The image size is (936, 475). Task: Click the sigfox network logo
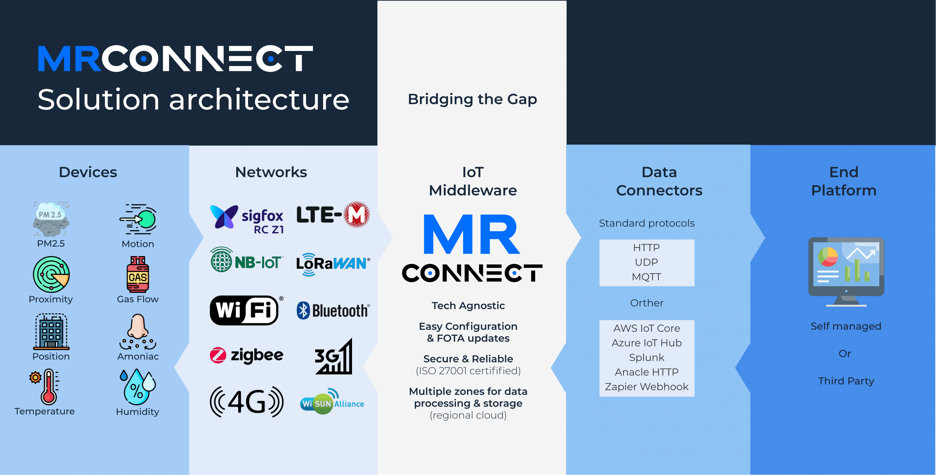[247, 219]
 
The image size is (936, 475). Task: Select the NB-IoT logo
[246, 260]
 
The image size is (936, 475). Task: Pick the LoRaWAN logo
[333, 264]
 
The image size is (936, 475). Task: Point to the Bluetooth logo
[333, 311]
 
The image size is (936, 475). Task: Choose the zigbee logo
[246, 355]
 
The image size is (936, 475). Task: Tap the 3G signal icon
[334, 357]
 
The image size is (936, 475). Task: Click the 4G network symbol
[246, 402]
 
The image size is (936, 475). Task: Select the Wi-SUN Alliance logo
[332, 402]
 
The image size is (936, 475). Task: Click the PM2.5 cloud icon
[51, 219]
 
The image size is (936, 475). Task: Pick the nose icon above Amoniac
[138, 332]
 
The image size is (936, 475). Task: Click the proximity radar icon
[51, 274]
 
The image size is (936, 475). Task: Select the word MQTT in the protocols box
[646, 277]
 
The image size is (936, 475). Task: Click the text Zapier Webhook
[646, 386]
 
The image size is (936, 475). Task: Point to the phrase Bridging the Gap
[472, 99]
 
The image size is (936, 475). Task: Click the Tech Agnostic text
[468, 305]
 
